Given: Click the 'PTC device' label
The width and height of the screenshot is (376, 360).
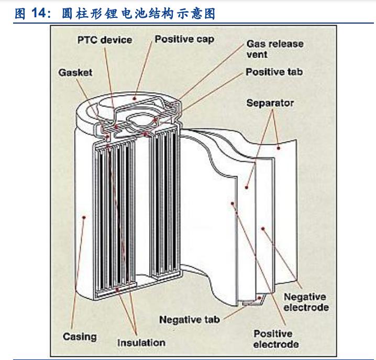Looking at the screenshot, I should click(104, 40).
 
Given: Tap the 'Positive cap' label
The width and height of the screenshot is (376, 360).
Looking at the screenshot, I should click(184, 39).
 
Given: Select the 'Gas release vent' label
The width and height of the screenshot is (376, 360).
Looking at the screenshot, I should click(274, 49).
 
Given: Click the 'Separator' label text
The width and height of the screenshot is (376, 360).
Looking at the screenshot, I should click(270, 103).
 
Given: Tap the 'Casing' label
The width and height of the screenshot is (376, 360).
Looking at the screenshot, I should click(80, 336).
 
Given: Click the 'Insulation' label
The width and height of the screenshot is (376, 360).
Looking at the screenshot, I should click(141, 343).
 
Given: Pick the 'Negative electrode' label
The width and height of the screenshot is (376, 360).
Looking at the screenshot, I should click(306, 302).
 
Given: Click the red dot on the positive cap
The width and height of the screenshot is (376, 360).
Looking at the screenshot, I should click(136, 97).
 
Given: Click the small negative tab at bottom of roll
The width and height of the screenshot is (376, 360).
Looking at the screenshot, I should click(253, 301).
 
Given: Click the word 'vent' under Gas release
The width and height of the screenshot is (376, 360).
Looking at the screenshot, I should click(257, 54).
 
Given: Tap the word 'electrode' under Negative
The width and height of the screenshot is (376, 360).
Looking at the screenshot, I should click(306, 307).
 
